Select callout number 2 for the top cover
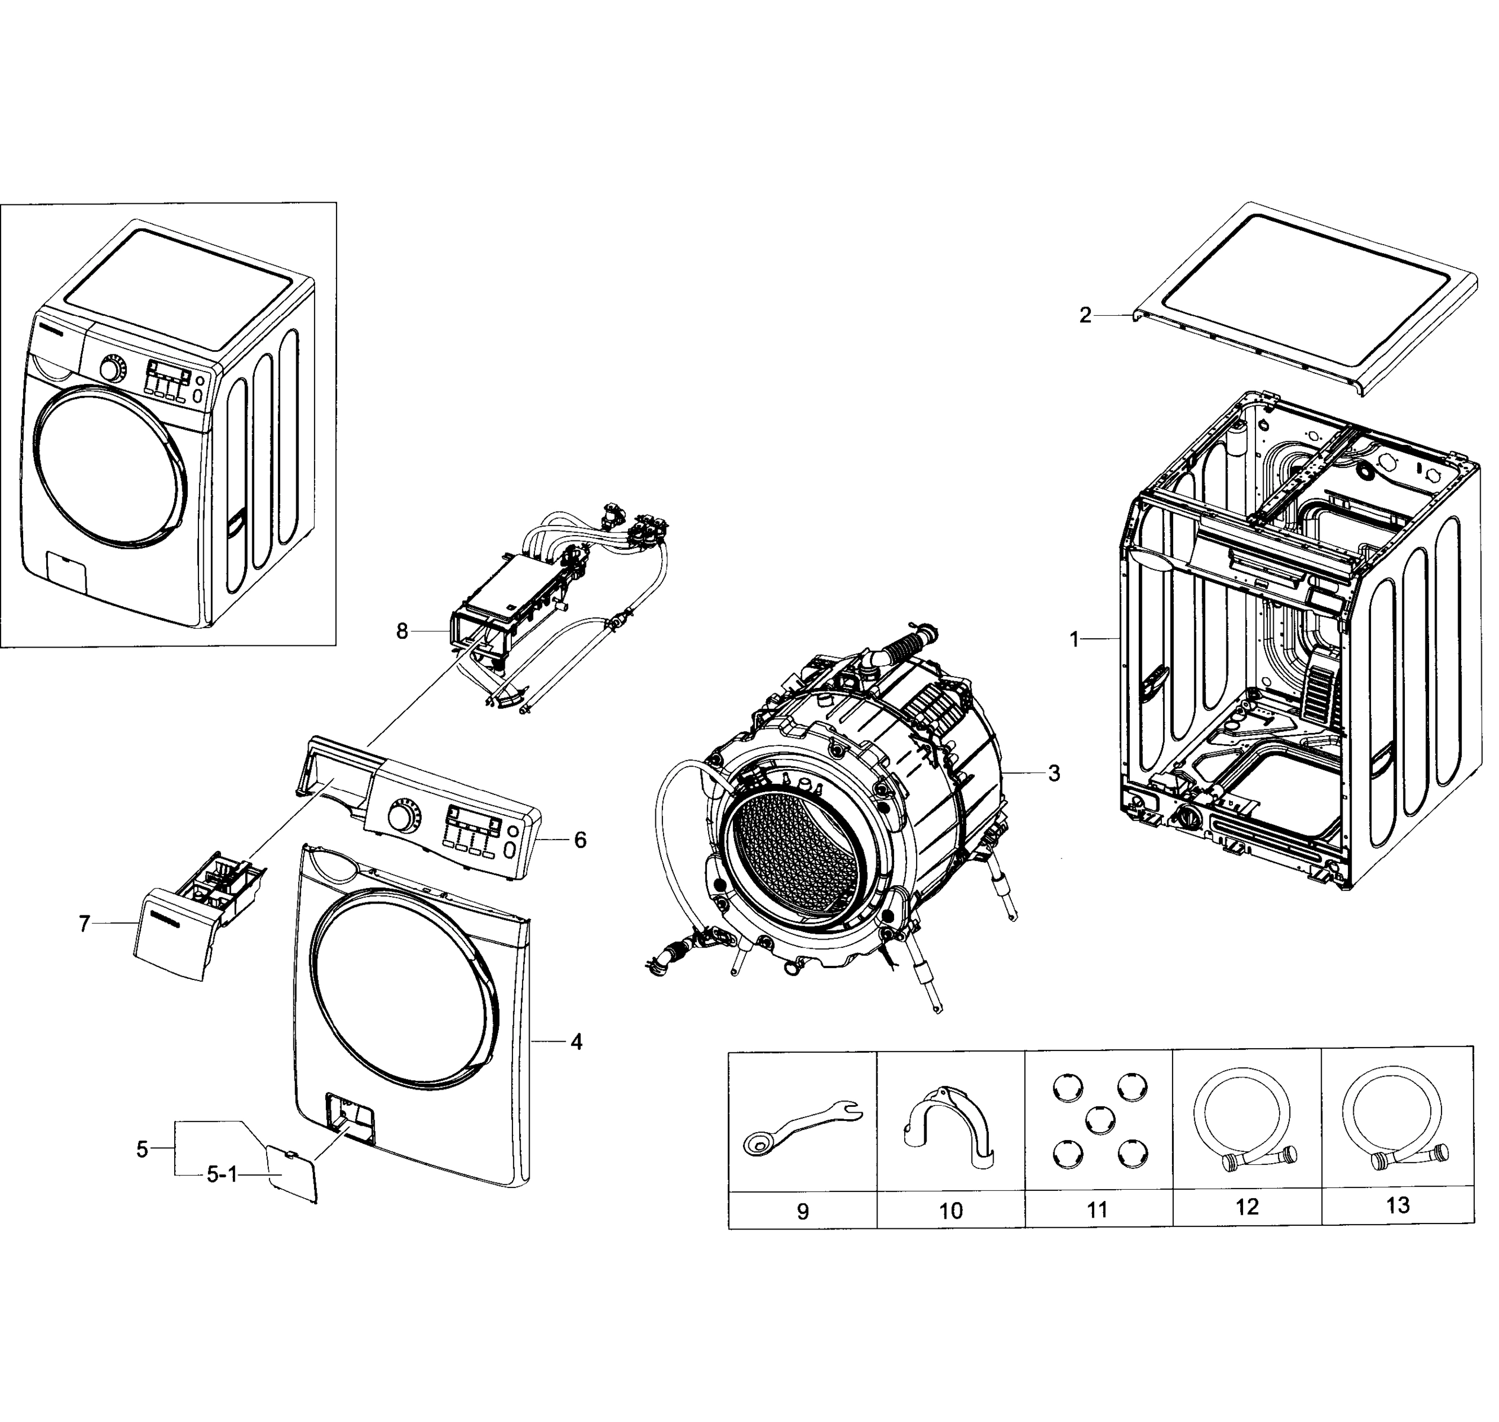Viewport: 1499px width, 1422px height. pos(1085,315)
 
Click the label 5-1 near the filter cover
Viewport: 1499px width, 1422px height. pos(222,1175)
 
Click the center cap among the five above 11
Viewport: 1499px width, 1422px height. pos(1098,1120)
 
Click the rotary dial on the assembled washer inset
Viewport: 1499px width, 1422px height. pos(112,370)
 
